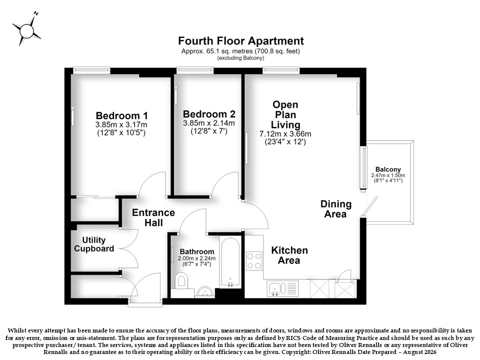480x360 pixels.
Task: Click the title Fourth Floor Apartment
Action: point(241,40)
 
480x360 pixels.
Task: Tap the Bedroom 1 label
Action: point(121,115)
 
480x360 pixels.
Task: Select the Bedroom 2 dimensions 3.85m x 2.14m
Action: point(209,123)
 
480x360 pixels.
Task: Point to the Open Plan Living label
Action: point(285,115)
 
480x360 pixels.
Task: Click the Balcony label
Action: point(388,169)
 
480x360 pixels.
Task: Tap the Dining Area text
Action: point(336,209)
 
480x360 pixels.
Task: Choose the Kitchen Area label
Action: point(289,255)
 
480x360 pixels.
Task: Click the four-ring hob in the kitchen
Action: point(254,261)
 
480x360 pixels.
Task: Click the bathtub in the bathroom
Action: point(230,262)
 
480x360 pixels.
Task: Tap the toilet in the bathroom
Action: point(181,281)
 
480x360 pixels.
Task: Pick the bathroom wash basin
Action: point(205,291)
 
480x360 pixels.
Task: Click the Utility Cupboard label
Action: point(94,244)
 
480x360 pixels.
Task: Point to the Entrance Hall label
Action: point(153,217)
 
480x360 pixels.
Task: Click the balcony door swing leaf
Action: point(369,206)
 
